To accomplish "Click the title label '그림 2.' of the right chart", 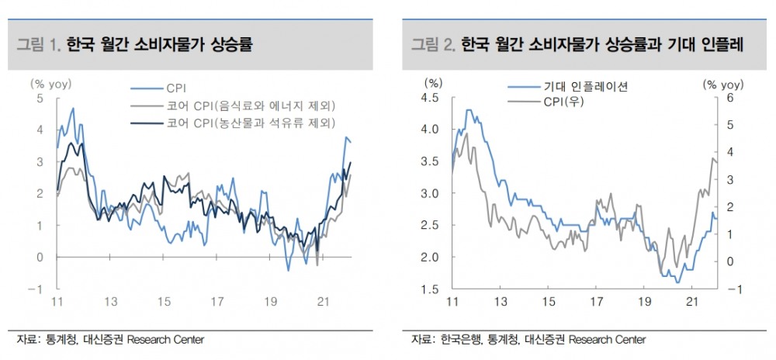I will [433, 44].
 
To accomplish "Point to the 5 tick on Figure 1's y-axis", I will [40, 98].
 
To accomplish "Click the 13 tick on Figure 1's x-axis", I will [113, 301].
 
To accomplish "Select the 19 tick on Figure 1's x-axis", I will [269, 301].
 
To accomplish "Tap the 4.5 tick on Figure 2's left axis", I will [430, 98].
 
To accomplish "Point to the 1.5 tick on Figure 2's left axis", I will [430, 289].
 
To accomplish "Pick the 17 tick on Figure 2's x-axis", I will [598, 301].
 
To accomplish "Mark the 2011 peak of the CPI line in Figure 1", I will [73, 109].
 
